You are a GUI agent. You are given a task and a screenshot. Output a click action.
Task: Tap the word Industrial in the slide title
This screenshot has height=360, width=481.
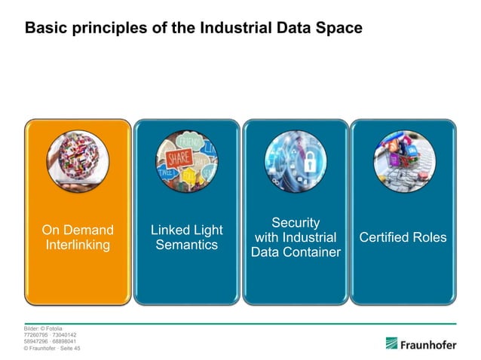233,28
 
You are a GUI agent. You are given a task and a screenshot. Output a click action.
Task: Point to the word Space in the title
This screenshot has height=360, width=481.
342,28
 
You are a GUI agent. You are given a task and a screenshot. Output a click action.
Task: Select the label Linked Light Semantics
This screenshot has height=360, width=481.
187,238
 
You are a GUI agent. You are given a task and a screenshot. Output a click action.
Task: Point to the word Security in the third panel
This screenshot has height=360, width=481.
296,223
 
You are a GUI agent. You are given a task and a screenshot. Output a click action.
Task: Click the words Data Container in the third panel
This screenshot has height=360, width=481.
296,252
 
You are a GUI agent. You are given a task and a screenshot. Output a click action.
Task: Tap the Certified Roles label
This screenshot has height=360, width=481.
403,238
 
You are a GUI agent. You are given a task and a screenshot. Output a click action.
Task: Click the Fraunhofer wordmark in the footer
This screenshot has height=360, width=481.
432,344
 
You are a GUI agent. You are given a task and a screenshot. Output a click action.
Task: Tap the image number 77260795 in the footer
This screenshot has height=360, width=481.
37,335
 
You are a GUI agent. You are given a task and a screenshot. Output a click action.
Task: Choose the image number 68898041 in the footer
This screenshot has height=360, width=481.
63,342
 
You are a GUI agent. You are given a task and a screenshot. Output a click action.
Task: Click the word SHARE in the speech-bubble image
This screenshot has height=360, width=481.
178,158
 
